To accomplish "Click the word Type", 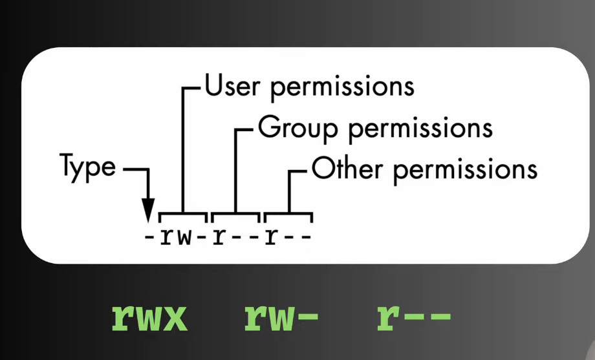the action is click(88, 167).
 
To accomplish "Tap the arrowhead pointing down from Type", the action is click(147, 210).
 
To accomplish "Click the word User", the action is click(233, 85).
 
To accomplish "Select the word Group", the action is click(297, 128).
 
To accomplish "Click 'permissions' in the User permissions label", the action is click(342, 89).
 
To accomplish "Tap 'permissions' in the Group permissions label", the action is click(420, 130).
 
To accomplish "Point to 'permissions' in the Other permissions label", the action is click(465, 171).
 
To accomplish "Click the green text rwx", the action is click(149, 317).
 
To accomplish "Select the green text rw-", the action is click(281, 317).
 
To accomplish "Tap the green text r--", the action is click(414, 317).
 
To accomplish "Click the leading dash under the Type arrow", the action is click(149, 237).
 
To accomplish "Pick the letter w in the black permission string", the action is click(185, 238).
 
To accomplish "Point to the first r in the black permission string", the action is click(167, 238).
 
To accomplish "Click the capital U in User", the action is click(213, 85).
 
